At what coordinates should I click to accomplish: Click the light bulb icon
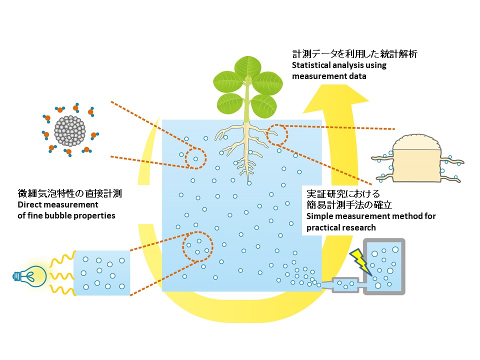pos(30,276)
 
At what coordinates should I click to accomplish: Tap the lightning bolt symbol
pos(360,262)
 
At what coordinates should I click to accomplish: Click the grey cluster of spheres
pos(70,130)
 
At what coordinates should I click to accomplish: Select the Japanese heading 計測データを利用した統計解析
pos(355,54)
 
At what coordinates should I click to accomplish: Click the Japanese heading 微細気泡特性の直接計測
pos(70,193)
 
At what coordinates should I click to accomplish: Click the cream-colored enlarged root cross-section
pos(417,159)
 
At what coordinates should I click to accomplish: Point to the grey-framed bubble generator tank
pos(384,266)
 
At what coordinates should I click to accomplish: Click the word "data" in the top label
pos(357,76)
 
